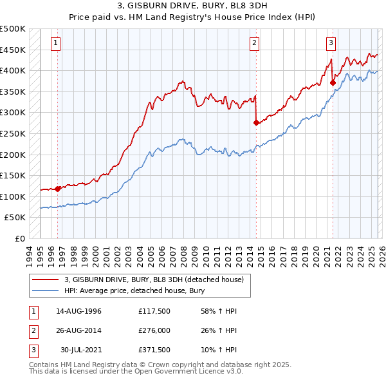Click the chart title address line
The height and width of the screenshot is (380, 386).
coord(193,6)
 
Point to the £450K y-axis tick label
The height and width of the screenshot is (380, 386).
coord(13,50)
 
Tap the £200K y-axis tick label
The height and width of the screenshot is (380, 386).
coord(13,155)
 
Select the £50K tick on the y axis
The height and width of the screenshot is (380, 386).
coord(15,218)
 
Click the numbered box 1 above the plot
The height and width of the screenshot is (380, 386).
coord(56,43)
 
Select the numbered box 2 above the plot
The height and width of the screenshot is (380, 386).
coord(255,43)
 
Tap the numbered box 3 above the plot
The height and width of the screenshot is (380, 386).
coord(331,43)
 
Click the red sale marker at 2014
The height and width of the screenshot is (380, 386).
coord(256,122)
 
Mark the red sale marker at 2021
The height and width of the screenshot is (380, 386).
coord(333,82)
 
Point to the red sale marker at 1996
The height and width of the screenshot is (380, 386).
coord(57,189)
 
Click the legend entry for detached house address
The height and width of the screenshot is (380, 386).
coord(154,280)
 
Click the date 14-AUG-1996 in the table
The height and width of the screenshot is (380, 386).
coord(78,311)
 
